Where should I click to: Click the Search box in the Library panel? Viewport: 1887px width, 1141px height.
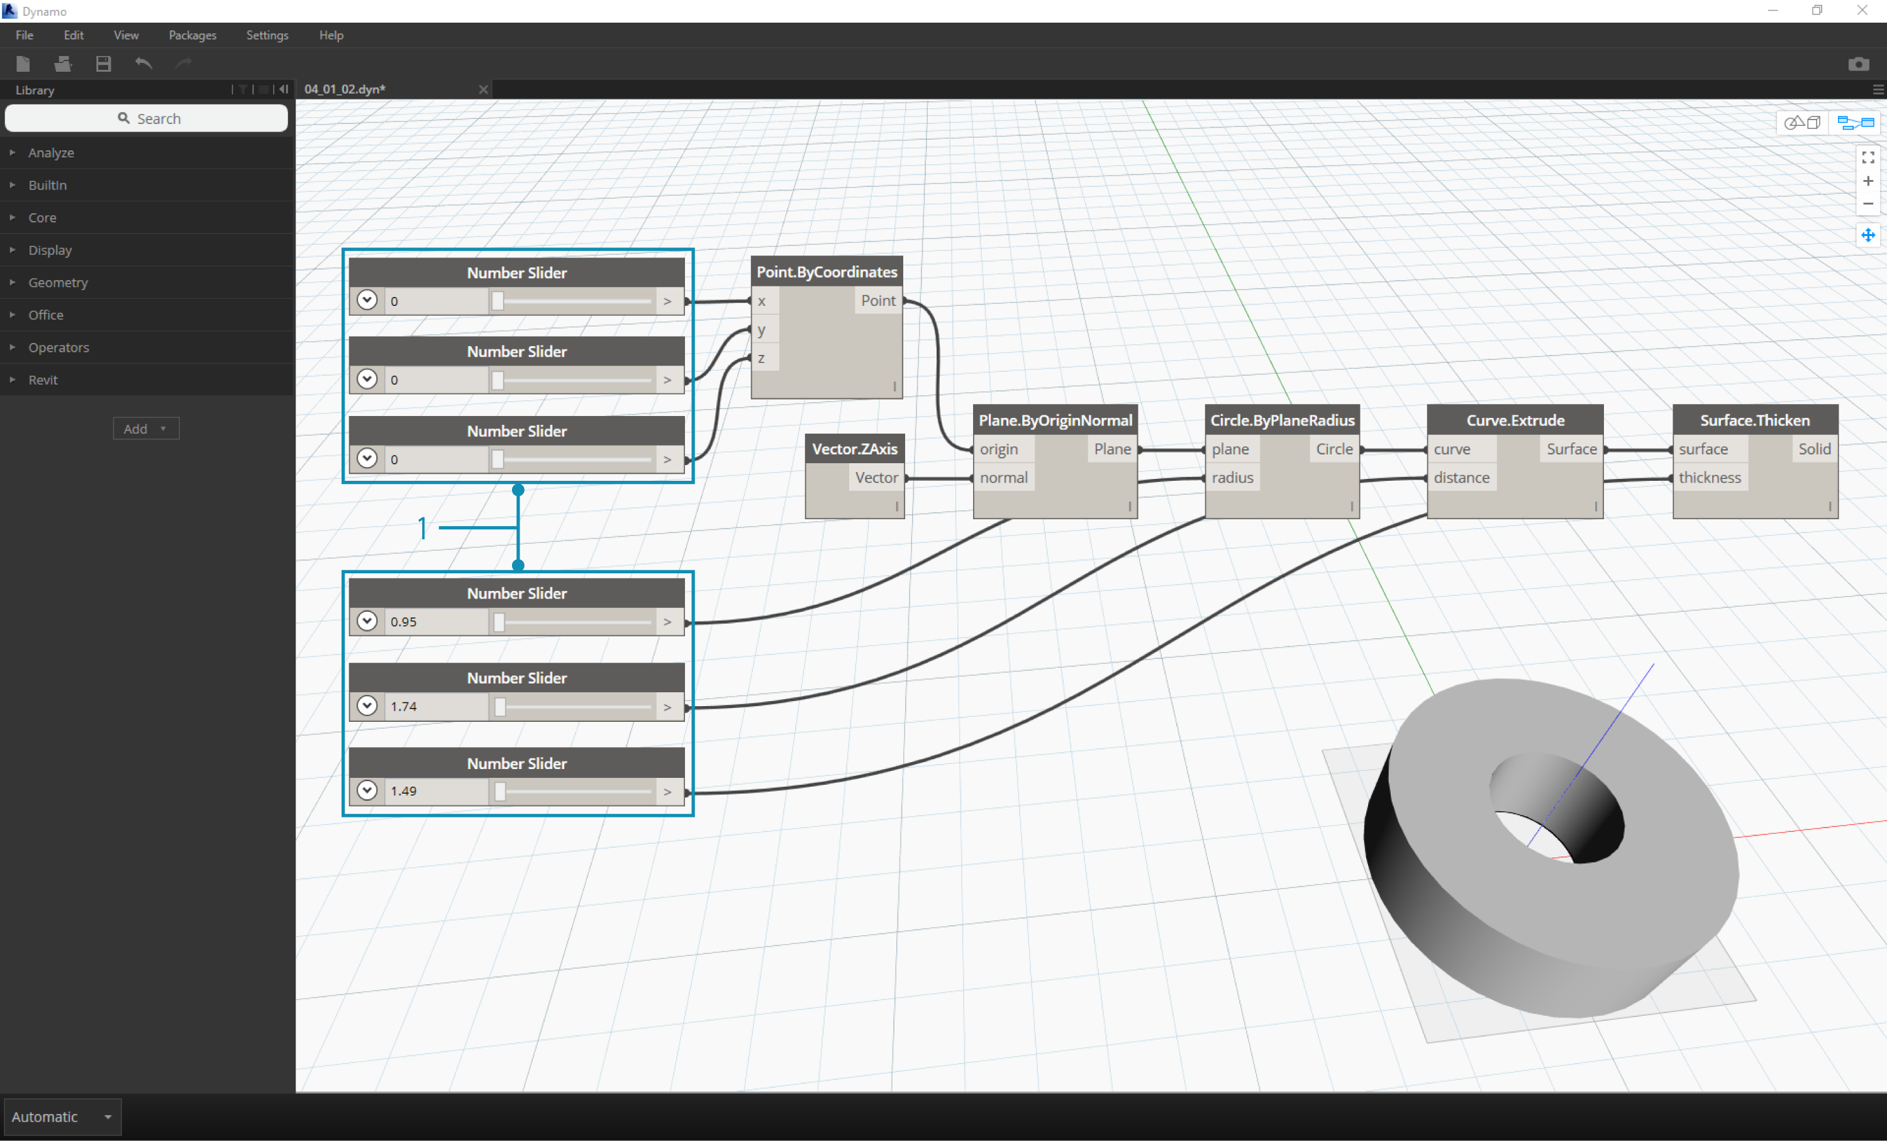(x=147, y=118)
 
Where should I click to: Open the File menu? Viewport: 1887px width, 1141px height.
(x=25, y=35)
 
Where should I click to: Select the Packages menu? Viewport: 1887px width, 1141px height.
(x=192, y=35)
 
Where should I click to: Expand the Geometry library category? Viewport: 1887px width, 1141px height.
(x=58, y=282)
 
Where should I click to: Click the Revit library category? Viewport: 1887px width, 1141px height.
(x=43, y=379)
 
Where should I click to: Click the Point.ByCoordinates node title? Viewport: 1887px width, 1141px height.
(x=827, y=272)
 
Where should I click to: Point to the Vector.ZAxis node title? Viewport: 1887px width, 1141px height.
(x=855, y=449)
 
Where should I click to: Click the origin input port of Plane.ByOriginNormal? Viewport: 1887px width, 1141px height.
(x=999, y=449)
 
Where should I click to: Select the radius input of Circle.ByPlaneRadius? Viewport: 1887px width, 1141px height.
(x=1232, y=478)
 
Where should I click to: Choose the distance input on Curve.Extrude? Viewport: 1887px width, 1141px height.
(x=1461, y=478)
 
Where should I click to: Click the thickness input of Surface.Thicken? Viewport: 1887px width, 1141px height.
(x=1710, y=478)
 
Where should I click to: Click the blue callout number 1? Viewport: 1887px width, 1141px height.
(x=422, y=528)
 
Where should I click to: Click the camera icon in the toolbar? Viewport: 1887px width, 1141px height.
(x=1858, y=64)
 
